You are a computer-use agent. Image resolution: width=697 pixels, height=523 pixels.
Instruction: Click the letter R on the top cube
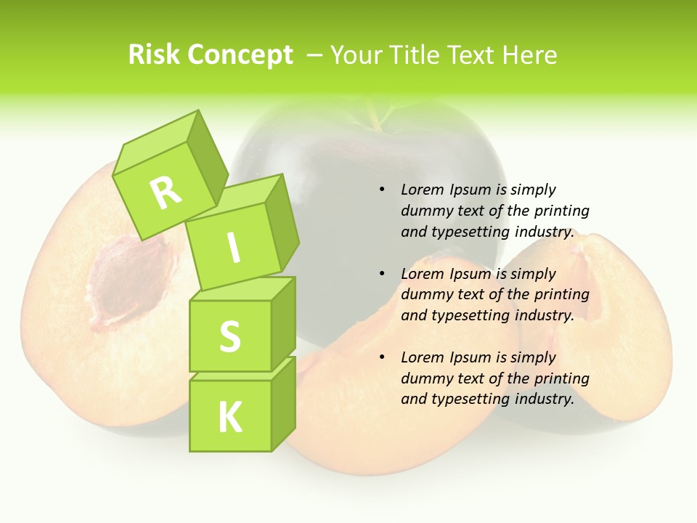click(x=166, y=192)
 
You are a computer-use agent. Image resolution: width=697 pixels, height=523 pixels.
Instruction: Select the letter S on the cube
click(x=229, y=336)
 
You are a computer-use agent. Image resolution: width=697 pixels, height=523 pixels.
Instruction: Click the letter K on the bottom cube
click(x=229, y=418)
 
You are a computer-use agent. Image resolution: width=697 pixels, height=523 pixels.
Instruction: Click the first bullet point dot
click(x=382, y=190)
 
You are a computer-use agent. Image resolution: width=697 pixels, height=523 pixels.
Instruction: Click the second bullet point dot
click(x=382, y=274)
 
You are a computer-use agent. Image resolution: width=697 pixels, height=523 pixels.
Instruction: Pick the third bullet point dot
click(x=382, y=357)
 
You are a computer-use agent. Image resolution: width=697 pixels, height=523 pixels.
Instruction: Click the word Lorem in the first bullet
click(x=421, y=190)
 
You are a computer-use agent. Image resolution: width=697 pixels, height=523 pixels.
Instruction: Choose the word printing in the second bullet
click(x=561, y=295)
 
